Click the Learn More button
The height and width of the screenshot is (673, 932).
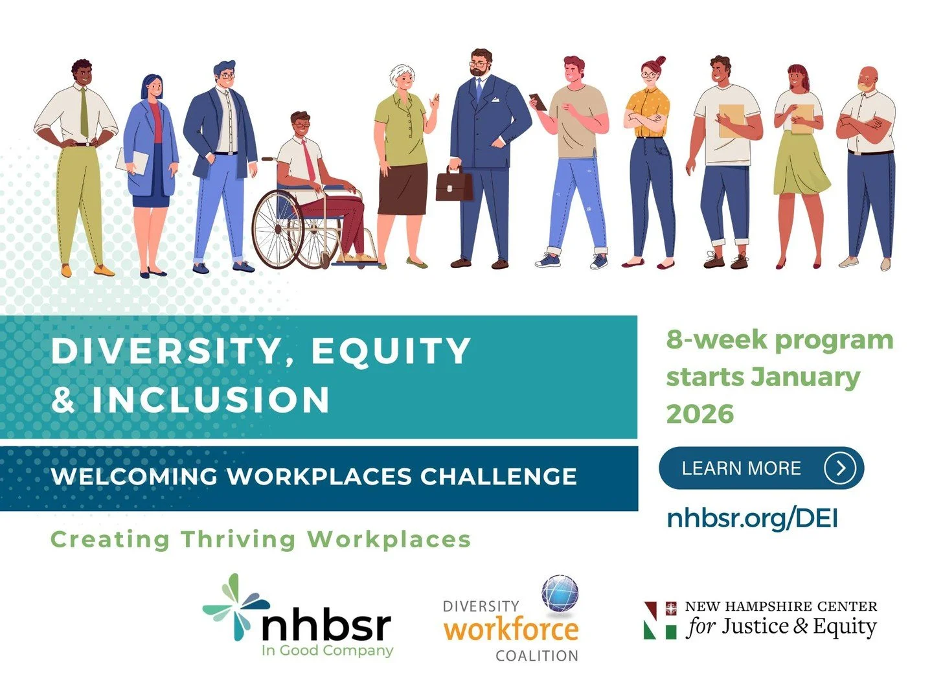pos(761,468)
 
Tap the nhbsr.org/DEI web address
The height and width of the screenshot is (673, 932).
pos(753,518)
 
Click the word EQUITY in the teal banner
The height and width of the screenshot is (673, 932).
pos(391,351)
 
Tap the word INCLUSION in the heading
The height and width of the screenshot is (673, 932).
pos(210,399)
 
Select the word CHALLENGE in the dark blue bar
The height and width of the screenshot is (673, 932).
pos(498,477)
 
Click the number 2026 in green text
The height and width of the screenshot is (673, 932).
pos(699,414)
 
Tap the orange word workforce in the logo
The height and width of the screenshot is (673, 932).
pos(511,630)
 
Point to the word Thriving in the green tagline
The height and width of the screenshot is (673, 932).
pos(238,539)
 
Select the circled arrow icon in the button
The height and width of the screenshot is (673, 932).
pos(840,468)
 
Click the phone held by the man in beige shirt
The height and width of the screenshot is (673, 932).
pos(538,101)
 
